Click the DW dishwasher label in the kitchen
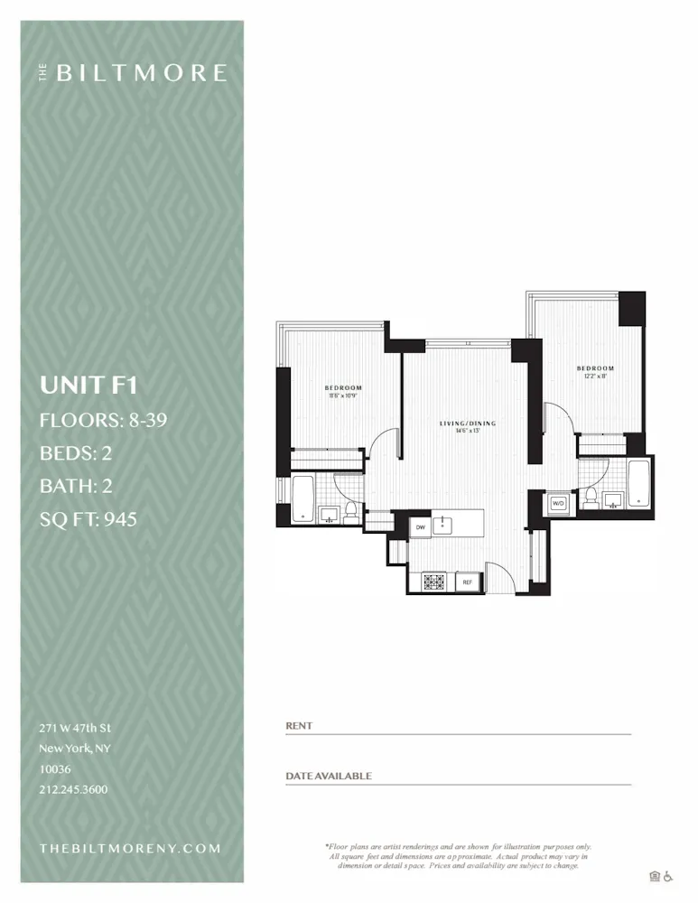[x=420, y=526]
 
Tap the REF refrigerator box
[x=468, y=582]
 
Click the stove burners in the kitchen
[x=432, y=582]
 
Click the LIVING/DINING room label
[x=467, y=424]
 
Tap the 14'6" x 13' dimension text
[x=467, y=432]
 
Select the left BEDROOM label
[x=343, y=387]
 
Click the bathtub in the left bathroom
[x=302, y=499]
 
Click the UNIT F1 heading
[x=88, y=386]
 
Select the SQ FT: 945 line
[x=88, y=519]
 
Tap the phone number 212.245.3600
[x=73, y=789]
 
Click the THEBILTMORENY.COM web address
[x=130, y=848]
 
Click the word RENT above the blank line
[x=299, y=726]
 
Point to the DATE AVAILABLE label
[x=329, y=776]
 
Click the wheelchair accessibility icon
[x=669, y=876]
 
